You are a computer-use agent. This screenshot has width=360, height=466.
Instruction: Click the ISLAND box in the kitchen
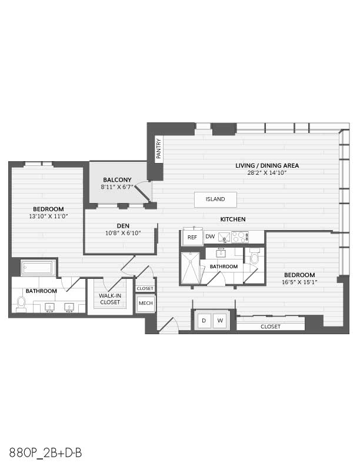coord(215,199)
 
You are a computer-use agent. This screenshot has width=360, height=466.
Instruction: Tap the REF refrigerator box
coord(192,237)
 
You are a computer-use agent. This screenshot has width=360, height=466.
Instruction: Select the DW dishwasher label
coord(210,237)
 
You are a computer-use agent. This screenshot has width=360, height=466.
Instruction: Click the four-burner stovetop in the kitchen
coord(239,237)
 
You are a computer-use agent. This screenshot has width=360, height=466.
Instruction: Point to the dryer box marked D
coord(204,320)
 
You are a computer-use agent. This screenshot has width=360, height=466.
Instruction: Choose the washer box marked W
coord(220,320)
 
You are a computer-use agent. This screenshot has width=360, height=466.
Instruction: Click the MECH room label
coord(145,303)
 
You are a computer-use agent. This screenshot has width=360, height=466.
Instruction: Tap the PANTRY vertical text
coord(159,148)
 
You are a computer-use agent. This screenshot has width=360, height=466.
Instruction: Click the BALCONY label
coord(117,180)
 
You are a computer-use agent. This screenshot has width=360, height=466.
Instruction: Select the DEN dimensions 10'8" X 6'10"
coord(123,234)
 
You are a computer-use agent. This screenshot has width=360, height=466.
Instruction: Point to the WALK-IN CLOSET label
coord(110,299)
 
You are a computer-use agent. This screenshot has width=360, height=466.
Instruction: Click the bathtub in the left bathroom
coord(38,268)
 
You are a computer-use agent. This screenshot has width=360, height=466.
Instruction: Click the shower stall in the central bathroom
coord(190,268)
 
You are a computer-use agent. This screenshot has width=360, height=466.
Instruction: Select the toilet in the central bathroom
coord(255,257)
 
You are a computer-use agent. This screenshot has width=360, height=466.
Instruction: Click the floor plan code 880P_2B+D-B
coord(45,453)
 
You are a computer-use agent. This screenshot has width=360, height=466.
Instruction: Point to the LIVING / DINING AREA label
coord(267,165)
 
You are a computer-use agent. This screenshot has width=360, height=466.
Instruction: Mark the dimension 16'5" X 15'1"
coord(299,282)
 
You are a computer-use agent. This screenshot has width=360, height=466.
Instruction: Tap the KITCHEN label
coord(233,219)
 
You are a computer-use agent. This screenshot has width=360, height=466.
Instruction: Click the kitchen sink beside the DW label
coord(224,237)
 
